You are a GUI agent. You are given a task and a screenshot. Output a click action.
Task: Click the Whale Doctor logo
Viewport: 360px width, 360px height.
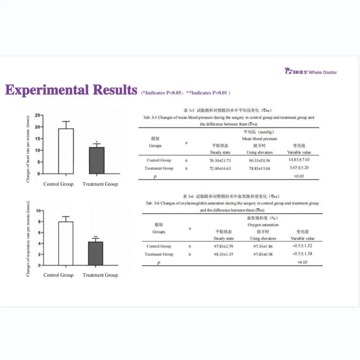(310, 71)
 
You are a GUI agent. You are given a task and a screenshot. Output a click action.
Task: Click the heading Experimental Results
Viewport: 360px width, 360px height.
(71, 90)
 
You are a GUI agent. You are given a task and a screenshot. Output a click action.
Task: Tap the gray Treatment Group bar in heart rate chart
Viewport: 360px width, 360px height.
(97, 160)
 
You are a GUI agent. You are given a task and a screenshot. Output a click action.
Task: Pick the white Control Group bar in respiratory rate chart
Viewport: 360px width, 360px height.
(66, 243)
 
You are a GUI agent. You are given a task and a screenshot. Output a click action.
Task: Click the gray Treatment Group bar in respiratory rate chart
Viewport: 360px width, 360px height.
(95, 253)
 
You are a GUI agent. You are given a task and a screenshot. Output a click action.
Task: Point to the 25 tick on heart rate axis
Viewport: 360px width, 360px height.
(38, 115)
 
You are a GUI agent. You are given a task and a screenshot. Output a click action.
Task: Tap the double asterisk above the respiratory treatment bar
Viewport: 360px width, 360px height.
(95, 237)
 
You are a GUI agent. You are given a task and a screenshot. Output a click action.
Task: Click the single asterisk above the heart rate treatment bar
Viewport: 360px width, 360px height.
(97, 142)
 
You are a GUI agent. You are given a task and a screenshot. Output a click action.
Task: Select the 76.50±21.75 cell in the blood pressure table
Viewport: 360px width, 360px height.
(220, 160)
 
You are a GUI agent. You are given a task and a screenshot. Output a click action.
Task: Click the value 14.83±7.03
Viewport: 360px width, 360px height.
(299, 160)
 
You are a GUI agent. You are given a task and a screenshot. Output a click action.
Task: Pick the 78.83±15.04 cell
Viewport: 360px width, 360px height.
(259, 168)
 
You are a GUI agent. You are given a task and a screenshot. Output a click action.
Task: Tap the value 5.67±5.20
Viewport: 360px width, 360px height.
(299, 168)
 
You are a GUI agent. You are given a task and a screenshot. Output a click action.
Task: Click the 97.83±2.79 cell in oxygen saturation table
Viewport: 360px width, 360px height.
(224, 246)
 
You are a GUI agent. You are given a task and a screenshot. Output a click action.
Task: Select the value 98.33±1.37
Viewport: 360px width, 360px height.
(224, 254)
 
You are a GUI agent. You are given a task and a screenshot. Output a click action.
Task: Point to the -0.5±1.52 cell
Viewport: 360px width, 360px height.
(302, 246)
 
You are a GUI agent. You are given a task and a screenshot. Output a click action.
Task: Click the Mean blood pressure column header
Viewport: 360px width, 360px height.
(259, 138)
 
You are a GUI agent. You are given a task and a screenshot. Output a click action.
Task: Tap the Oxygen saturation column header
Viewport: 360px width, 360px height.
(263, 225)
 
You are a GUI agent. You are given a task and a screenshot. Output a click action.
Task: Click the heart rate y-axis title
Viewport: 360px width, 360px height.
(28, 149)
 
